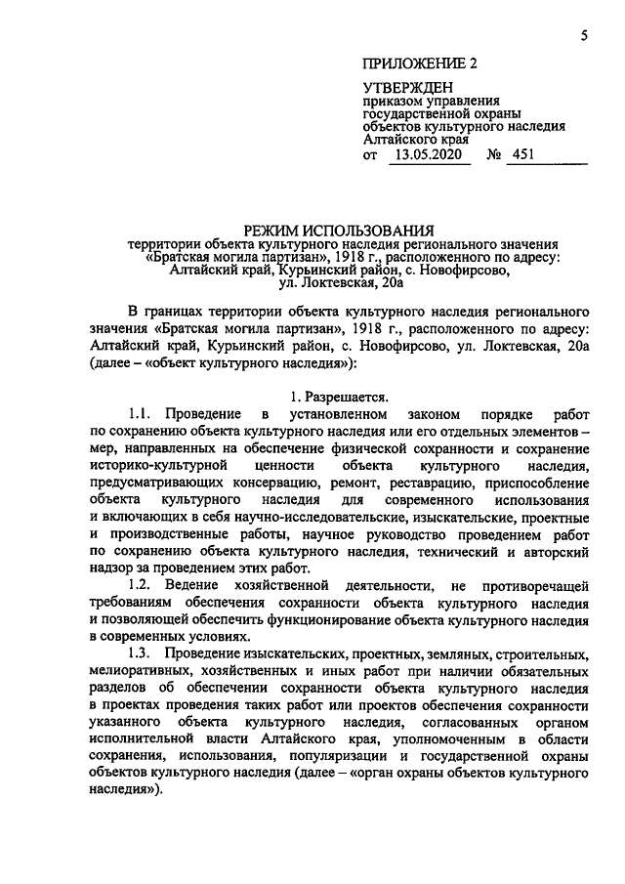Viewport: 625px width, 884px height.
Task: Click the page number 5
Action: pyautogui.click(x=582, y=36)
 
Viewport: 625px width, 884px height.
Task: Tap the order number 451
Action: pyautogui.click(x=522, y=154)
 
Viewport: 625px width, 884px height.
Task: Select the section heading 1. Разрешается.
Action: pyautogui.click(x=339, y=397)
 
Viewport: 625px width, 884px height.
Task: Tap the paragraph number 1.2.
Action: pyautogui.click(x=145, y=584)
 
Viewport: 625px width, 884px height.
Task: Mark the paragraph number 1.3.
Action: pyautogui.click(x=145, y=652)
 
